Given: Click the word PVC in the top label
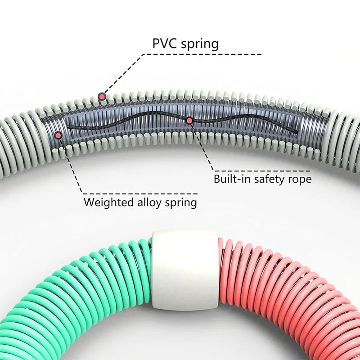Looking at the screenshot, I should pyautogui.click(x=166, y=44).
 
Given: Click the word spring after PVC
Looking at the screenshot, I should pyautogui.click(x=199, y=44).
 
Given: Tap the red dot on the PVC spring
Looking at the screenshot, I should pyautogui.click(x=102, y=96).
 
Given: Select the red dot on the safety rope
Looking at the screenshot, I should pyautogui.click(x=189, y=121).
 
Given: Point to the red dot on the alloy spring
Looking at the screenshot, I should pyautogui.click(x=58, y=135).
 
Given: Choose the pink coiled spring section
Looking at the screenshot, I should pyautogui.click(x=279, y=292).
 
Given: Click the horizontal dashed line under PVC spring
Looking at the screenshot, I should pyautogui.click(x=202, y=54).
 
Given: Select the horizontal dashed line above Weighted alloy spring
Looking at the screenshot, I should pyautogui.click(x=139, y=193).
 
